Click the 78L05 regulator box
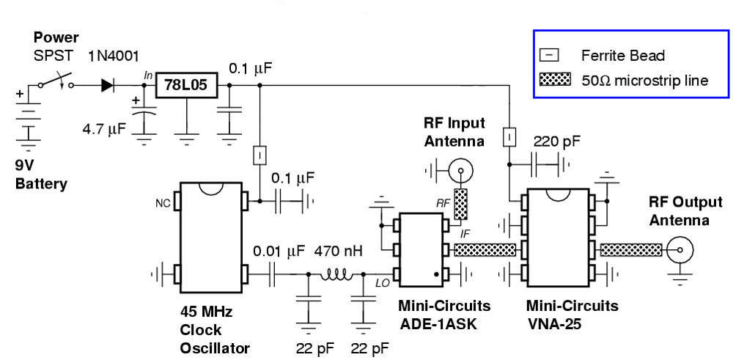[x=186, y=86]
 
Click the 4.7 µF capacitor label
[x=106, y=129]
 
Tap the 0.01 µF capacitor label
[x=278, y=251]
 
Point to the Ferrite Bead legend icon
[x=553, y=55]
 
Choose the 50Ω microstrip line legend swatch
[x=554, y=80]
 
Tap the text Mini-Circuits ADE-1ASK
[x=444, y=313]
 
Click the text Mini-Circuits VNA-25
[x=572, y=313]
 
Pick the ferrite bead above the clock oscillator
[x=259, y=155]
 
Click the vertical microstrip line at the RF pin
[x=460, y=205]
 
